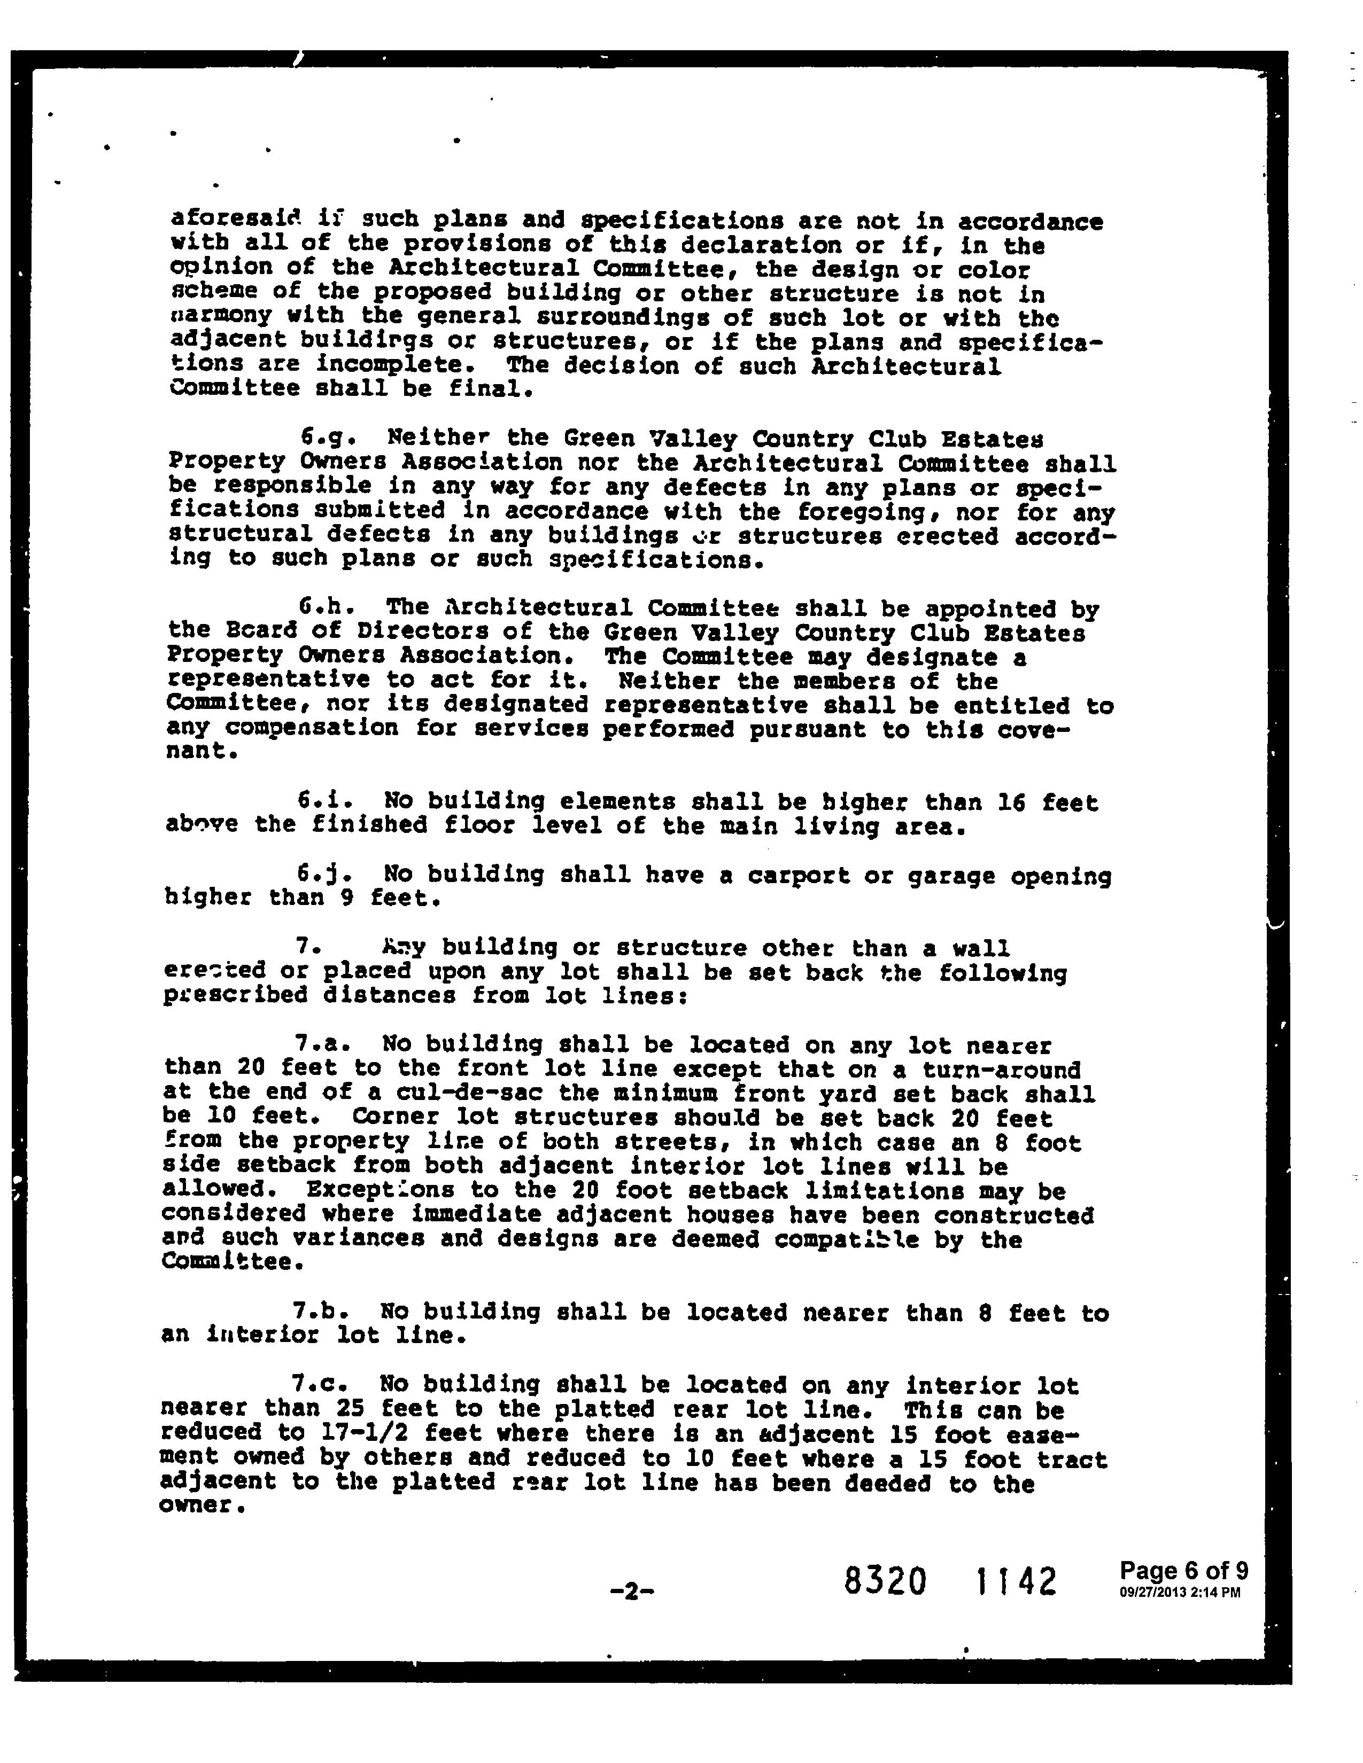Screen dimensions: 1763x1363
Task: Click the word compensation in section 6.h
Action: click(x=311, y=728)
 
